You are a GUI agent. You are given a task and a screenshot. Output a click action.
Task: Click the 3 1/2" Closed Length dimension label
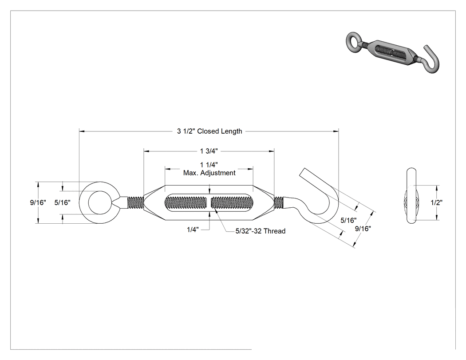209,131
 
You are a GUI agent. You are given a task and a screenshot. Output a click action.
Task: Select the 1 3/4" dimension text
209,151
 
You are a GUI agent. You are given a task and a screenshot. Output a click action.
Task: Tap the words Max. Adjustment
209,173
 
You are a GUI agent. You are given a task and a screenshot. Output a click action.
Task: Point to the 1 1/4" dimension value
209,165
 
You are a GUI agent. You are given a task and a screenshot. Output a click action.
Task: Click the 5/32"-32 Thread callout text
261,231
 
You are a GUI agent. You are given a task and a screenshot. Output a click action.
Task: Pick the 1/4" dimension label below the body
193,229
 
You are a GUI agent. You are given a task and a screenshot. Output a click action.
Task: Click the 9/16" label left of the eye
38,202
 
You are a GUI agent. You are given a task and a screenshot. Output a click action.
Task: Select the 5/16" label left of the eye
63,202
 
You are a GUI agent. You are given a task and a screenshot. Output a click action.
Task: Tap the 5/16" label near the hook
348,220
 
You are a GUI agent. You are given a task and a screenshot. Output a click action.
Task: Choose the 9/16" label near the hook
363,229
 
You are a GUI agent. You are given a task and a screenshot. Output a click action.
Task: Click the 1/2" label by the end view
437,202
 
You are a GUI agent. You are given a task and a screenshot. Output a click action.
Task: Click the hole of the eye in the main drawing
100,203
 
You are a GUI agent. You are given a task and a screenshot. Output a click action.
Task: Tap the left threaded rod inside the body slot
186,202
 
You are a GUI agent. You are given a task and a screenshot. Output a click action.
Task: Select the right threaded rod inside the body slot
232,202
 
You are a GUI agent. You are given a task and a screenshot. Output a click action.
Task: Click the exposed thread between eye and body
135,202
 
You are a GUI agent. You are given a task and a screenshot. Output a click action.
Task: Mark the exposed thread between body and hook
278,202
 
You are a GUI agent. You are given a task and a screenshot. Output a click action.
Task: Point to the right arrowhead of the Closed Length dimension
336,131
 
